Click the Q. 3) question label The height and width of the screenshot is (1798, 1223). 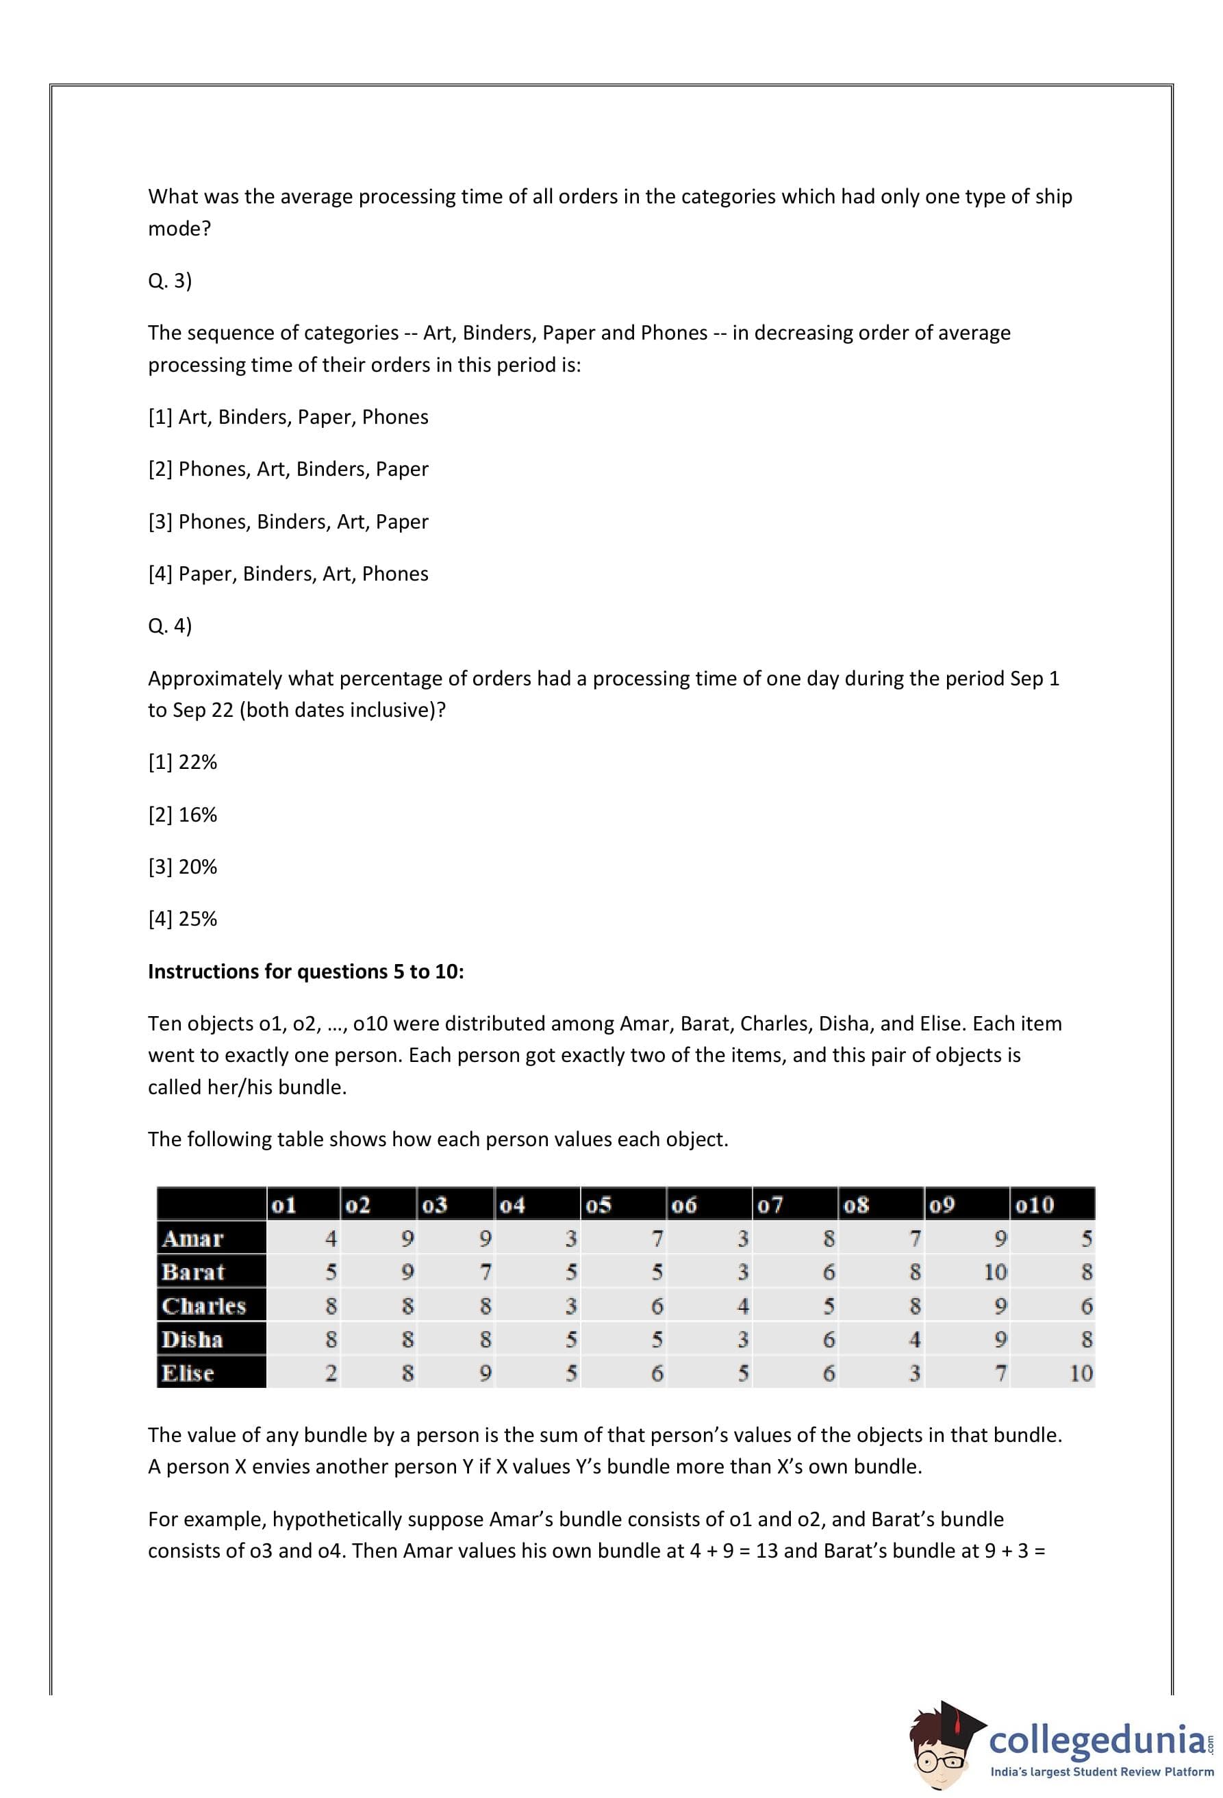tap(169, 281)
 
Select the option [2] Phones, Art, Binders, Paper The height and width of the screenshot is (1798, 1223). tap(288, 469)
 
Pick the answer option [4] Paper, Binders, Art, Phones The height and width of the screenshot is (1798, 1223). tap(288, 573)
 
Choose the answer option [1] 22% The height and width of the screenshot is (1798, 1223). tap(183, 762)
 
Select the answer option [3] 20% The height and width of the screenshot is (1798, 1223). tap(183, 867)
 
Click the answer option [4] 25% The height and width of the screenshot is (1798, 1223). tap(183, 918)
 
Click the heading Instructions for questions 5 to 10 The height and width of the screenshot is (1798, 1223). tap(305, 971)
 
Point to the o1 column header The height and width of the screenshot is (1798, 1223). tap(284, 1204)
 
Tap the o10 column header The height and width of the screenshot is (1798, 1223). tap(1034, 1204)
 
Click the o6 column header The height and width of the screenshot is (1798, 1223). tap(684, 1204)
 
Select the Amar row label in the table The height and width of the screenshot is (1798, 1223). tap(192, 1239)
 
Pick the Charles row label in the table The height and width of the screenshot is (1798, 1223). tap(203, 1306)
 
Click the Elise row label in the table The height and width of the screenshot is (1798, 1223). tap(188, 1373)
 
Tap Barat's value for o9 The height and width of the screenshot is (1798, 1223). tap(995, 1272)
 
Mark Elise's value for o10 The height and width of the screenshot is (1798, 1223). tap(1081, 1373)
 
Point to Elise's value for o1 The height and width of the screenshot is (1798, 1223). tap(330, 1373)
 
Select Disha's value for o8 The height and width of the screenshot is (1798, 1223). tap(914, 1339)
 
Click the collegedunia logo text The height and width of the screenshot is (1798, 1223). tap(1096, 1740)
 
